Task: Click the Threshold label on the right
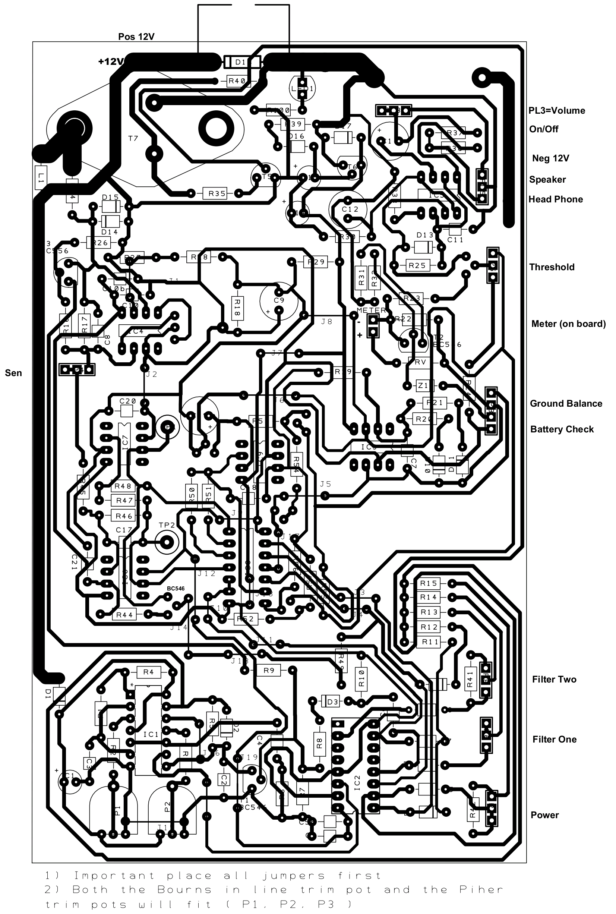(x=552, y=267)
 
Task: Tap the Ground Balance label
(x=566, y=404)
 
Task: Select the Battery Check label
(x=562, y=429)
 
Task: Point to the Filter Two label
(x=554, y=680)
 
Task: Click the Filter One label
(x=554, y=739)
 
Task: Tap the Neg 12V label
(x=550, y=158)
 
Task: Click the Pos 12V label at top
(x=136, y=37)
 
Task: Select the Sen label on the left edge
(x=13, y=373)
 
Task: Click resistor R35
(x=217, y=193)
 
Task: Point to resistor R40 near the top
(x=237, y=81)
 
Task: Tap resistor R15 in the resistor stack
(x=428, y=583)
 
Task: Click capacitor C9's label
(x=279, y=300)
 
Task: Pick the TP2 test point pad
(x=167, y=543)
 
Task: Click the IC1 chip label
(x=151, y=734)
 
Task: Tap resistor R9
(x=269, y=671)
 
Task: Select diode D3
(x=332, y=702)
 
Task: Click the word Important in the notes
(x=114, y=876)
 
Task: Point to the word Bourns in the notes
(x=184, y=889)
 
